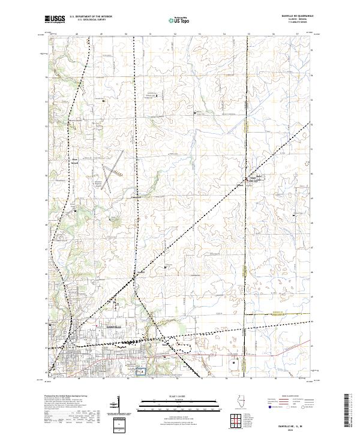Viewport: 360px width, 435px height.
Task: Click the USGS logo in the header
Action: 55,20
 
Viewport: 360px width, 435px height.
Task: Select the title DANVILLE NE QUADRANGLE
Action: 293,16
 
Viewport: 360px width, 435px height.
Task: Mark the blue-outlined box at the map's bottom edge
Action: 142,373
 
